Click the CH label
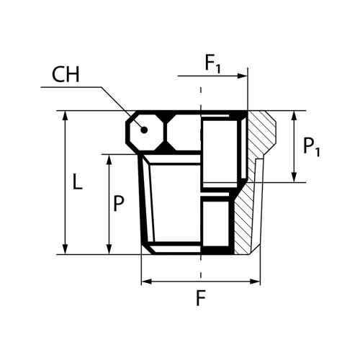(66, 74)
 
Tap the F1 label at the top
(212, 64)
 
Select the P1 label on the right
(312, 147)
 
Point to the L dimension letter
(77, 181)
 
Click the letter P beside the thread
(119, 204)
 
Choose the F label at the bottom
(201, 298)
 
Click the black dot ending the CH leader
(144, 130)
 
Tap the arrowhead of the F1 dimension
(242, 76)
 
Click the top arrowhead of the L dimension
(65, 116)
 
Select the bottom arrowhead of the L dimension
(65, 249)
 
